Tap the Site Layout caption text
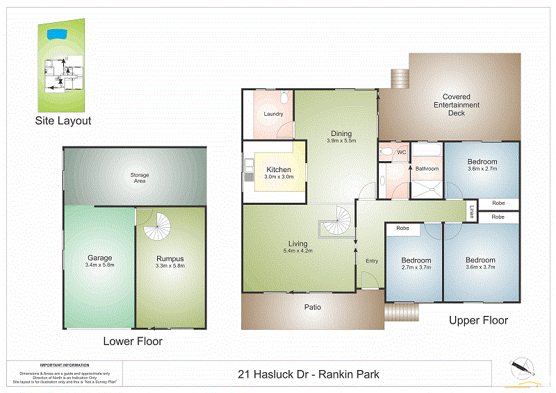[63, 121]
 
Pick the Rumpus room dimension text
[170, 266]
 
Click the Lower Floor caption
[133, 341]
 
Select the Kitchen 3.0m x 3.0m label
[279, 173]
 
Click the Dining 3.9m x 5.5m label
[341, 137]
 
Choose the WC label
[401, 151]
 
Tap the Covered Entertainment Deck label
[457, 105]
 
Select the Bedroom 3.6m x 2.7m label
[482, 165]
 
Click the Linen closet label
[471, 212]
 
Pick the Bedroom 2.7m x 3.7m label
[416, 265]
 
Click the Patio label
[312, 307]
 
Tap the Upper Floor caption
[478, 320]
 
